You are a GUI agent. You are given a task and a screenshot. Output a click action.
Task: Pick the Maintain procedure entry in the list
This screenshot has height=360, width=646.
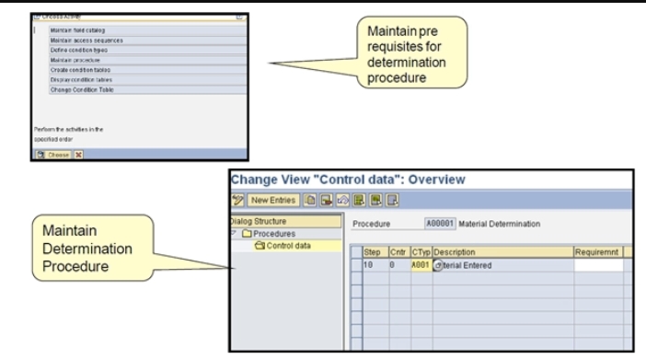(x=75, y=60)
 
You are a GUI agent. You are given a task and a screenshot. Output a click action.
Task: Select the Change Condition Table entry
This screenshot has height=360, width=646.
(x=84, y=90)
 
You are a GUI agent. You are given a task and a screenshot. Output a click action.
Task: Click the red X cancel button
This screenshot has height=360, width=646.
(x=79, y=155)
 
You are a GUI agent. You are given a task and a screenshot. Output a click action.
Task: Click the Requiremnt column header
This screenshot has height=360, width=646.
(x=598, y=252)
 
